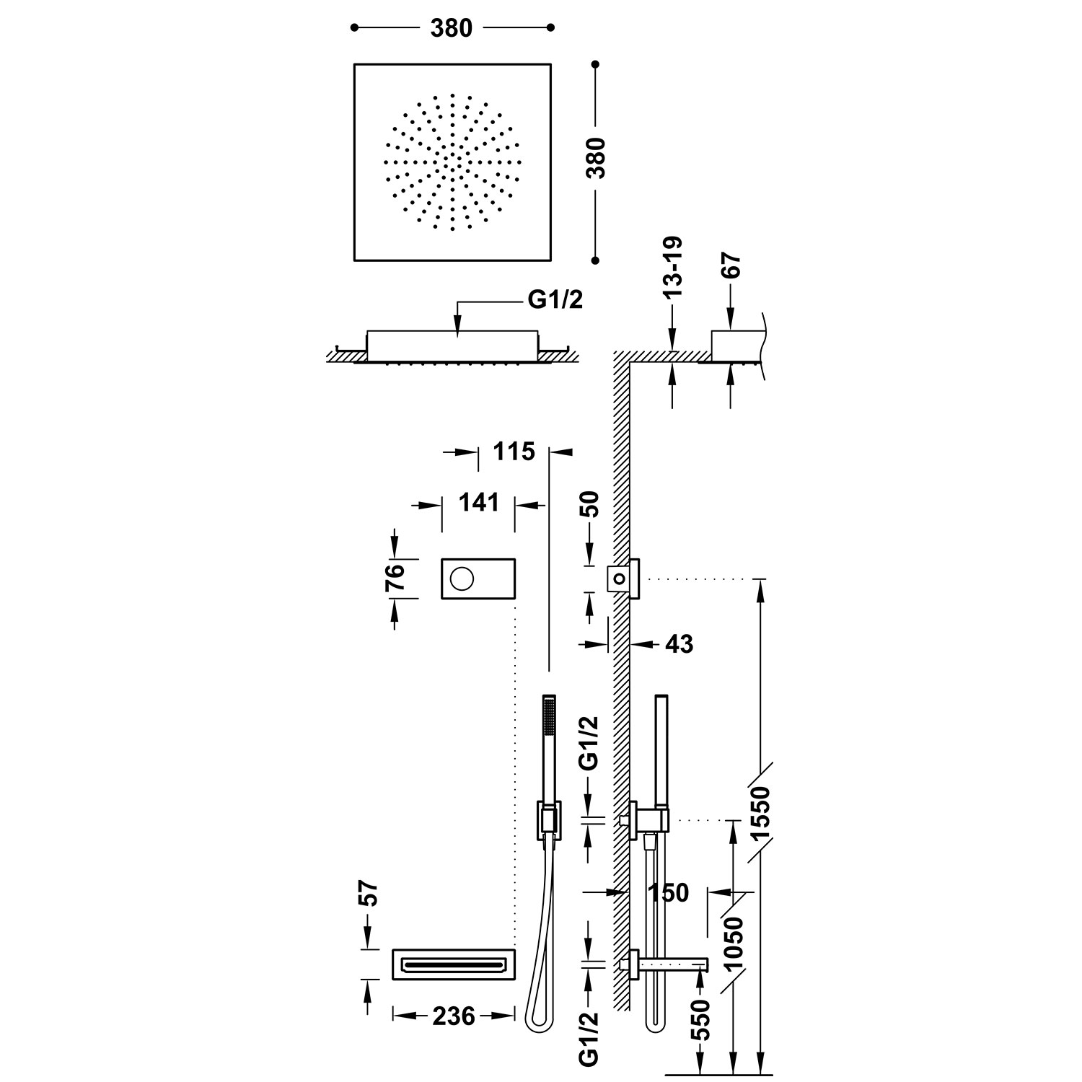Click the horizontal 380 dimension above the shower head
tap(451, 28)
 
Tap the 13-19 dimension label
tap(672, 268)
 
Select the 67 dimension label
tap(731, 266)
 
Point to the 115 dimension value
tap(514, 452)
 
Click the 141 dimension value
tap(478, 502)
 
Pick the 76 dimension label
tap(395, 579)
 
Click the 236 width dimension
tap(454, 1016)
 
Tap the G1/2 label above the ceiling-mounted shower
tap(555, 301)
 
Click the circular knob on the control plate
tap(462, 578)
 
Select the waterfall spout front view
tap(454, 964)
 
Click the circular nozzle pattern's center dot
tap(452, 162)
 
